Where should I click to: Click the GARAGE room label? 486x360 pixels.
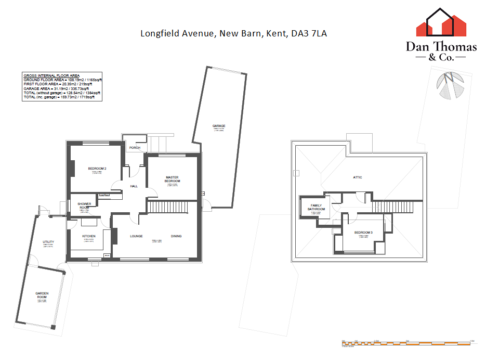pyautogui.click(x=218, y=126)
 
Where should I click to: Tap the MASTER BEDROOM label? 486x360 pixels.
pyautogui.click(x=172, y=179)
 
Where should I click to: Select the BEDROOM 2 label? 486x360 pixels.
pyautogui.click(x=97, y=169)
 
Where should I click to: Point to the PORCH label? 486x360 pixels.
pyautogui.click(x=135, y=148)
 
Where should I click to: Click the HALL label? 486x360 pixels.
pyautogui.click(x=134, y=186)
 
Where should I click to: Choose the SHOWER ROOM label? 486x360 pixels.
pyautogui.click(x=84, y=205)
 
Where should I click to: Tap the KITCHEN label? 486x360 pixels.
pyautogui.click(x=89, y=236)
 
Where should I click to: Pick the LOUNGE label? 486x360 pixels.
pyautogui.click(x=137, y=236)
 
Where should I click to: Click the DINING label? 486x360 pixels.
pyautogui.click(x=176, y=236)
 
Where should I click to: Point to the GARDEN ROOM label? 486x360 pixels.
pyautogui.click(x=42, y=295)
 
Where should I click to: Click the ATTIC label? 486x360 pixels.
pyautogui.click(x=358, y=177)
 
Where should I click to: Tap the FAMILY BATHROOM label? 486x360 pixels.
pyautogui.click(x=317, y=207)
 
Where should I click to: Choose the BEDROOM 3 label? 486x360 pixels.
pyautogui.click(x=363, y=232)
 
